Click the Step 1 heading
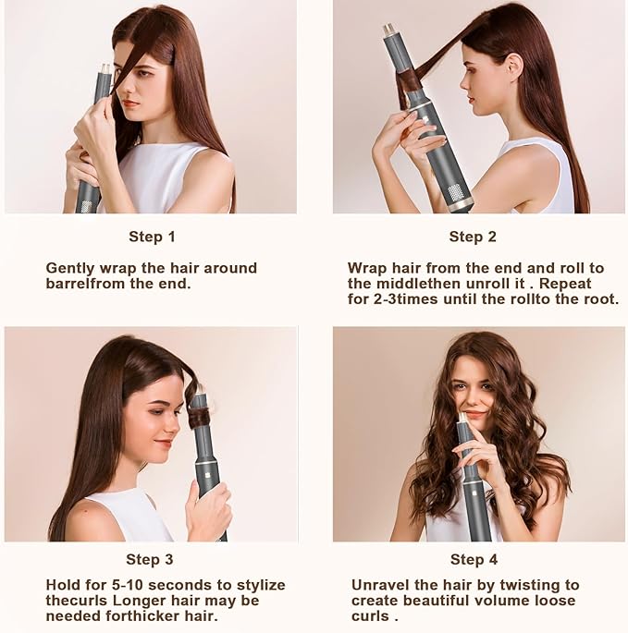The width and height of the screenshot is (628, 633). [152, 237]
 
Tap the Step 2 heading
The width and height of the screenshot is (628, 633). [473, 237]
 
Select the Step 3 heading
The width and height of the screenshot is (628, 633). [149, 559]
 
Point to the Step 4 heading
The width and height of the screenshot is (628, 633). [473, 559]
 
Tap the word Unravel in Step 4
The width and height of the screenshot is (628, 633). [380, 585]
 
